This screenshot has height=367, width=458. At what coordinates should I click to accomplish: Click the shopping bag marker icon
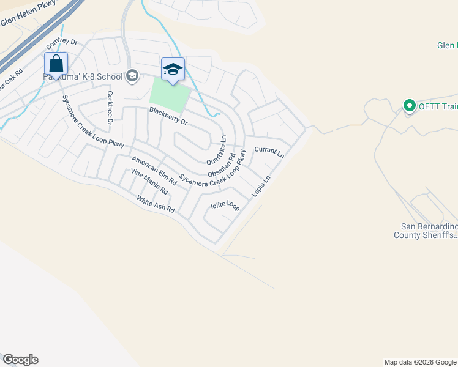pyautogui.click(x=56, y=64)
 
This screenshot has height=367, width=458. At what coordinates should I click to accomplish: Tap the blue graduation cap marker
pyautogui.click(x=173, y=70)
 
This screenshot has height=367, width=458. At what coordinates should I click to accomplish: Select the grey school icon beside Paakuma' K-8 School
pyautogui.click(x=131, y=76)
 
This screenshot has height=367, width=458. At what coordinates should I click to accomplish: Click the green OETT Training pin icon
pyautogui.click(x=409, y=106)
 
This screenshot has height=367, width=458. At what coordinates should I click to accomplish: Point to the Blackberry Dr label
pyautogui.click(x=168, y=117)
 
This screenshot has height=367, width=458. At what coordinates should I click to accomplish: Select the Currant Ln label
pyautogui.click(x=269, y=152)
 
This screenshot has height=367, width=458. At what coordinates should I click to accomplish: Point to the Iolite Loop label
pyautogui.click(x=225, y=206)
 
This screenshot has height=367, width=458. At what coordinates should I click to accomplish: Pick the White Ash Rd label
pyautogui.click(x=156, y=204)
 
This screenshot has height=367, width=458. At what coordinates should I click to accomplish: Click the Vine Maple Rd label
pyautogui.click(x=149, y=182)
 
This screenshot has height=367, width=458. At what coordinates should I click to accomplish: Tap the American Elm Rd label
pyautogui.click(x=154, y=171)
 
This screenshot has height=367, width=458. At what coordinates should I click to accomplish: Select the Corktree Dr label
pyautogui.click(x=110, y=108)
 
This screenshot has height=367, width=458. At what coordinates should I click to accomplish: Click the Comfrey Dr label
pyautogui.click(x=62, y=43)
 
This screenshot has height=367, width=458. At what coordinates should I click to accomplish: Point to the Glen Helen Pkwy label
pyautogui.click(x=28, y=14)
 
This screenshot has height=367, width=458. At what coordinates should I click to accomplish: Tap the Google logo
pyautogui.click(x=20, y=360)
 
